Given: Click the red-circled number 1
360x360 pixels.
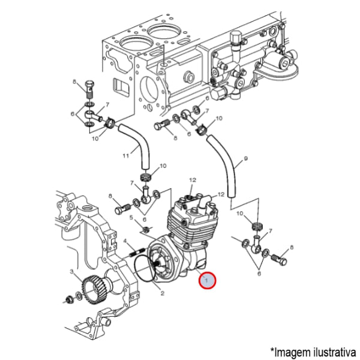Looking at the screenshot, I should (x=207, y=280).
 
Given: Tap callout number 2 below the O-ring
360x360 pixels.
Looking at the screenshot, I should (x=161, y=293).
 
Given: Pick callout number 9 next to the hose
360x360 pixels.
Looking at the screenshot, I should (x=245, y=161).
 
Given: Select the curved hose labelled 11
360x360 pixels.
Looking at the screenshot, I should (x=135, y=147).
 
